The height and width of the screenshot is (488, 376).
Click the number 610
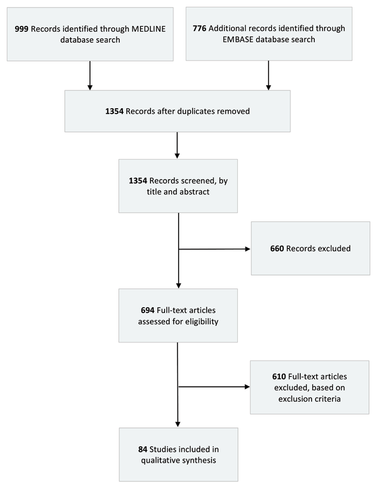pyautogui.click(x=268, y=375)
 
